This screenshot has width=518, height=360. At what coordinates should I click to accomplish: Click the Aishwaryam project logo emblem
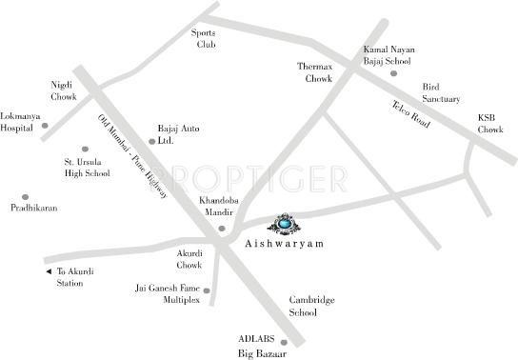pos(287,224)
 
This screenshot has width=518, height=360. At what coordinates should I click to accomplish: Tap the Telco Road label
pos(411,116)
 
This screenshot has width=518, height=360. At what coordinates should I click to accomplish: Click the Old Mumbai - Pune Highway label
pos(132,157)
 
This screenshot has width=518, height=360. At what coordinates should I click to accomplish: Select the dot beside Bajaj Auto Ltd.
pos(151,141)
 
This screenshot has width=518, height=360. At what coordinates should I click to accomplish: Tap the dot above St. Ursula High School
pos(85,150)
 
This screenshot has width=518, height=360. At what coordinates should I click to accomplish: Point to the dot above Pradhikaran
pos(12,196)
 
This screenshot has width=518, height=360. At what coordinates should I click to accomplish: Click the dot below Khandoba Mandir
pos(222,229)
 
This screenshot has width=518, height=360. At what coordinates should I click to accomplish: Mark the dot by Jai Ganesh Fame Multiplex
pos(207,291)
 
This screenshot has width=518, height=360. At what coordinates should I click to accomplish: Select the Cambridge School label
pos(312,306)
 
